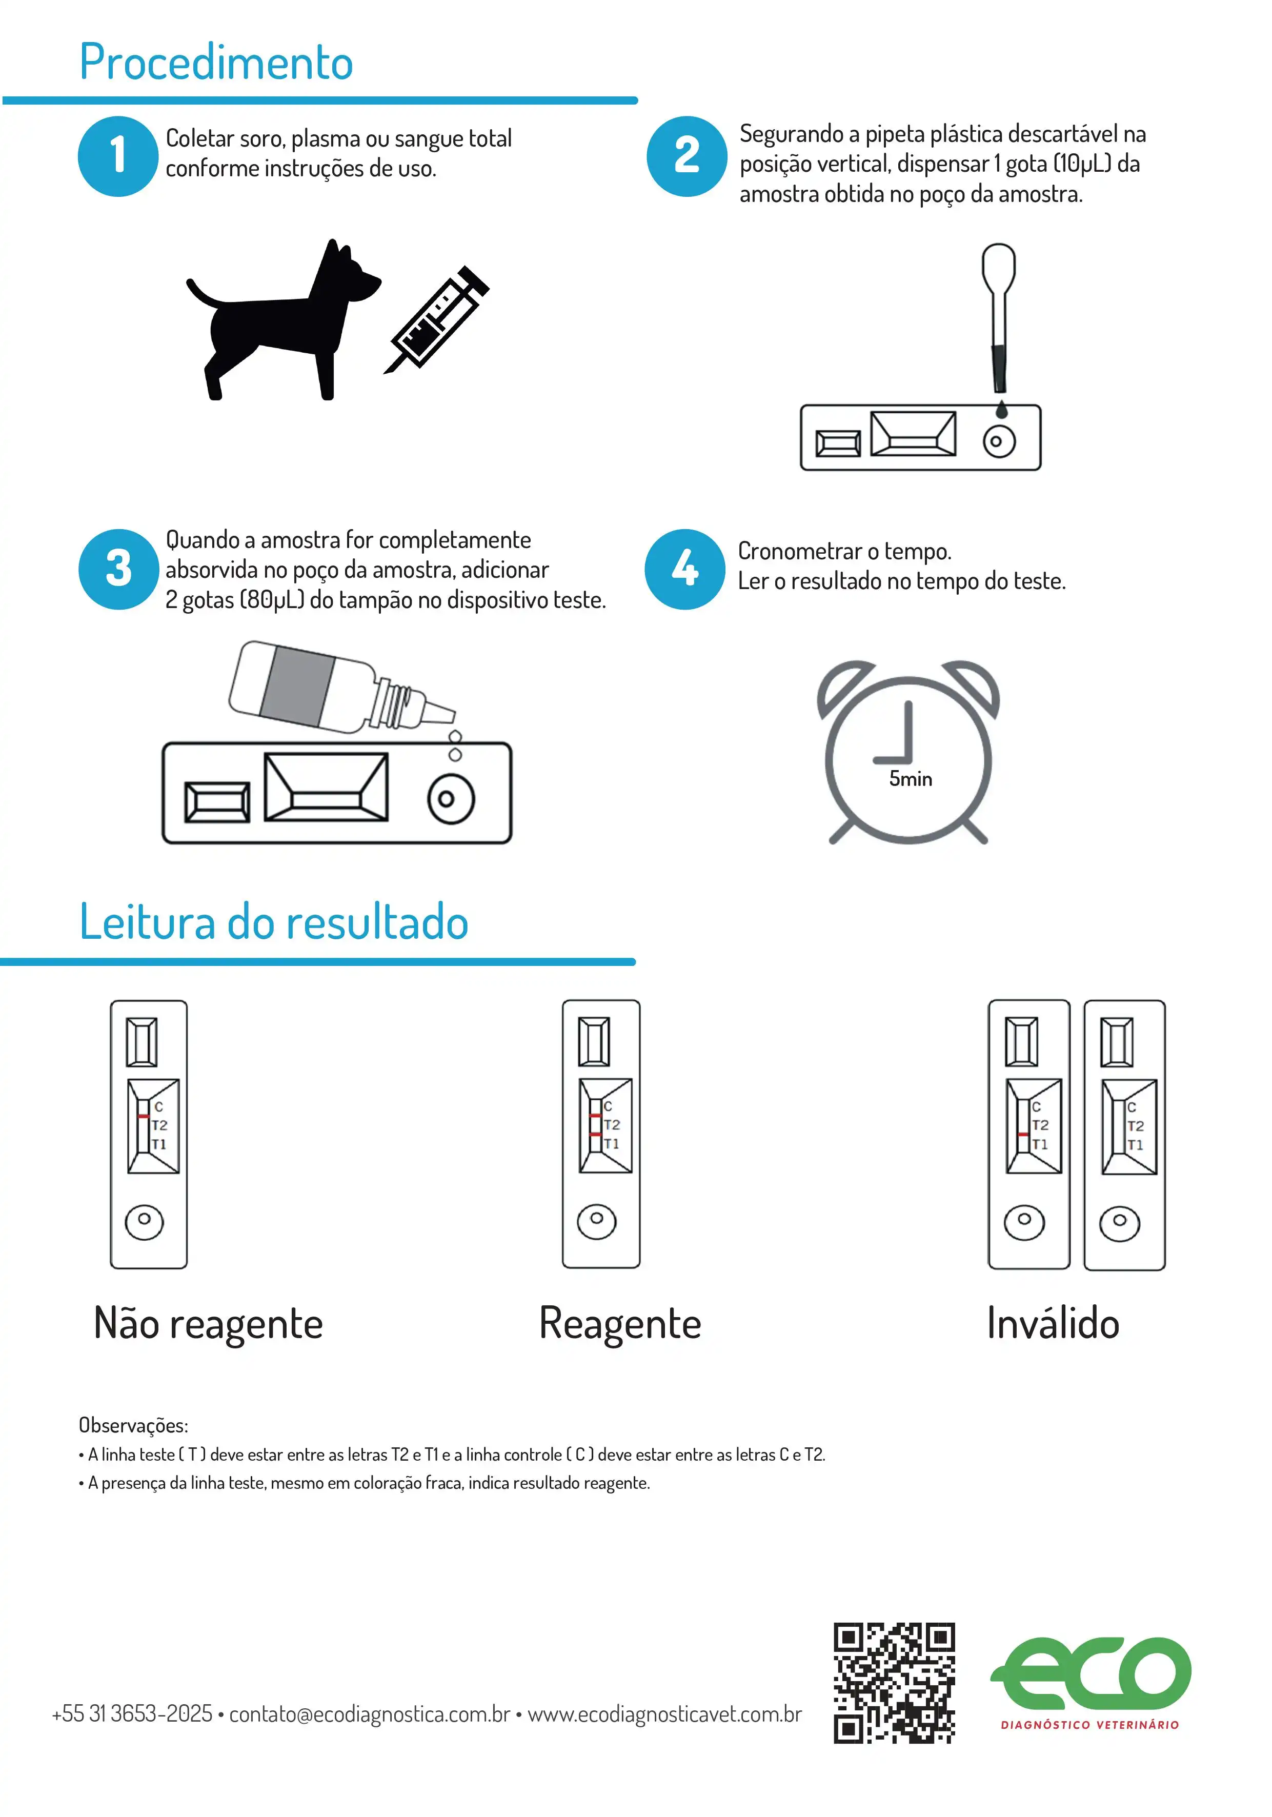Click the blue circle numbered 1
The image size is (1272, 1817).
pos(118,156)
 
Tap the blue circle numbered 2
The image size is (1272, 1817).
pos(687,156)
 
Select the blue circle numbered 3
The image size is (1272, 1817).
pos(118,569)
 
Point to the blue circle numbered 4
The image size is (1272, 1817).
pos(684,569)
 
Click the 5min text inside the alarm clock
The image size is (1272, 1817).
pos(910,779)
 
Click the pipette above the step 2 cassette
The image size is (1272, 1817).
pos(999,316)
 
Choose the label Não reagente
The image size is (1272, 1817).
pos(208,1323)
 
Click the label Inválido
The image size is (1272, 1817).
pos(1053,1323)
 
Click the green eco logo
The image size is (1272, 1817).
pos(1091,1676)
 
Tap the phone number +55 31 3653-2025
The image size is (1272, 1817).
pos(131,1714)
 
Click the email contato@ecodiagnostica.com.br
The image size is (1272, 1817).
pos(370,1714)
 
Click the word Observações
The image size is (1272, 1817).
pos(133,1425)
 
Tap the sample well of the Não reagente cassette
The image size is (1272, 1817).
pos(144,1221)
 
